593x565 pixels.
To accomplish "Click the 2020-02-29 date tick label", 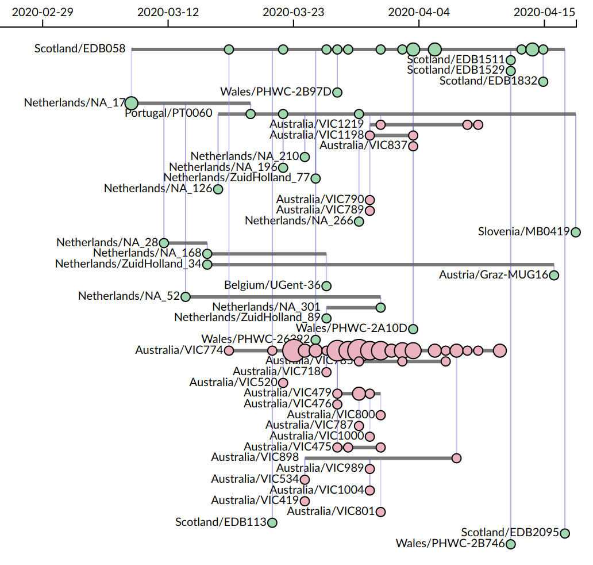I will point(43,12).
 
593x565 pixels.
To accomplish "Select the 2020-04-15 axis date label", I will point(544,12).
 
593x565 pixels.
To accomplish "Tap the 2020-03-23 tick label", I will point(293,12).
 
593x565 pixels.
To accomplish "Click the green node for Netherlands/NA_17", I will point(131,103).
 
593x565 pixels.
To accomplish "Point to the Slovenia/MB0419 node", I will point(576,232).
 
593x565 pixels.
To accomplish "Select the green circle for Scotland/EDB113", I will point(272,522).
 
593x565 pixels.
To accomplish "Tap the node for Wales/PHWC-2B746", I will point(511,544).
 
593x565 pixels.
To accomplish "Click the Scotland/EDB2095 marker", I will point(565,533).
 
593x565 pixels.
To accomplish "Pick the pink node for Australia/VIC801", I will point(380,511).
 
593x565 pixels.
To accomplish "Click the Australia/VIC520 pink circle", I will point(283,383).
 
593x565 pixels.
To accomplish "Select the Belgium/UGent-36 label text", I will point(272,285).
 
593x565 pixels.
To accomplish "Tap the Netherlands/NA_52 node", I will point(186,296).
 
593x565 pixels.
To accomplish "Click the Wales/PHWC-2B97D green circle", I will point(337,92).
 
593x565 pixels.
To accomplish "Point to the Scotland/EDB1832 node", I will point(543,81).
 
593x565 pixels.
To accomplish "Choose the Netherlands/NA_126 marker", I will point(218,189).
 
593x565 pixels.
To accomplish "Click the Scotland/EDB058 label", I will point(80,49).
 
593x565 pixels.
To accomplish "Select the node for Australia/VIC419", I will point(305,501).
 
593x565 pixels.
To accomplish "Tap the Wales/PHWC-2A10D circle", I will point(413,329).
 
